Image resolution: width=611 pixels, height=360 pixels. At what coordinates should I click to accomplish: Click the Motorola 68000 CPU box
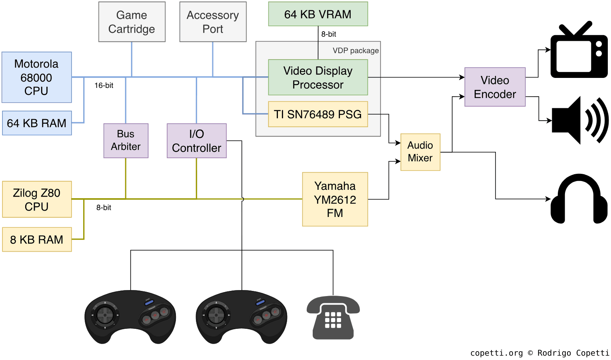click(36, 77)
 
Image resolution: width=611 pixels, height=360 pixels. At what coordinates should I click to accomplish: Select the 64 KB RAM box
click(37, 123)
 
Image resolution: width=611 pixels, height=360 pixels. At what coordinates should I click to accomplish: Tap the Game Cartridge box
click(132, 22)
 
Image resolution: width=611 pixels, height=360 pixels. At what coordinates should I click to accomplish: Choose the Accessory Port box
click(213, 22)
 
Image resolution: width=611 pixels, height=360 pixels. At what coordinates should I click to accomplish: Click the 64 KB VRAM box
click(318, 14)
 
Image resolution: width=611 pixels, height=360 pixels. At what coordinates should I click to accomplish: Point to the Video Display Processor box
click(318, 78)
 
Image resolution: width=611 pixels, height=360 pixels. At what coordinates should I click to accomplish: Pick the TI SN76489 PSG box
click(318, 114)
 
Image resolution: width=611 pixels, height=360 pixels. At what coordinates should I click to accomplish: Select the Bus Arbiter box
click(126, 140)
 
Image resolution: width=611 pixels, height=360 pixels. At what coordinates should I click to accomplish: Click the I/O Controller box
click(197, 141)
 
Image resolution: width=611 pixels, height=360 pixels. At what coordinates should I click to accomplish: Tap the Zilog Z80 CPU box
click(37, 199)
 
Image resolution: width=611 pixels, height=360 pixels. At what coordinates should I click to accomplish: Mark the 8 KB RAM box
click(37, 239)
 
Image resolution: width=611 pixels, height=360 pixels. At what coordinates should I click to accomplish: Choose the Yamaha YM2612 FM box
click(335, 199)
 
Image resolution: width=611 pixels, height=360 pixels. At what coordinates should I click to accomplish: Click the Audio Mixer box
click(420, 152)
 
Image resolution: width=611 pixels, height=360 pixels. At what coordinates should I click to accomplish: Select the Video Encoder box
click(495, 87)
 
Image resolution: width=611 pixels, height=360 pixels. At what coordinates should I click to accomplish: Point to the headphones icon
click(579, 199)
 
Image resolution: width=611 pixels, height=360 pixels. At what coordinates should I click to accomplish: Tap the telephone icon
click(333, 318)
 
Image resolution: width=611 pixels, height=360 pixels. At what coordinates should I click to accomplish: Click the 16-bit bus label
click(104, 86)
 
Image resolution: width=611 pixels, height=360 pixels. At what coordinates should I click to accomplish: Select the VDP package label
click(355, 51)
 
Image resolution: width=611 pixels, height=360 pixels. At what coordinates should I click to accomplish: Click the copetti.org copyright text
click(539, 353)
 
